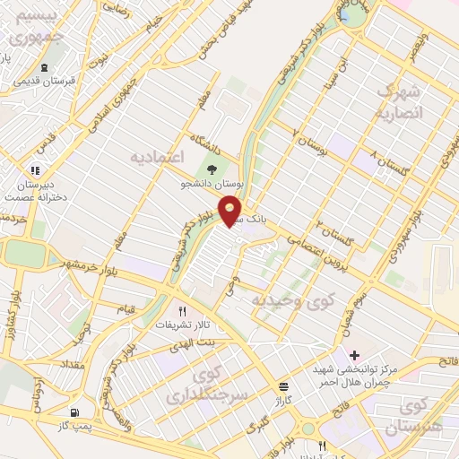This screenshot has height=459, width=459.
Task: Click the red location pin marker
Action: tap(231, 210)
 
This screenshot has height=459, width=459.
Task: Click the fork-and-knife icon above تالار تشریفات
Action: tap(182, 310)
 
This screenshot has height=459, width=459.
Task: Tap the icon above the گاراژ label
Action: tap(283, 385)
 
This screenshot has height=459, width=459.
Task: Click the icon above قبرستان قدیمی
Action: tap(45, 68)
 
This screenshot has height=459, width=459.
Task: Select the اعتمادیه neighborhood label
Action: tap(158, 157)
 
